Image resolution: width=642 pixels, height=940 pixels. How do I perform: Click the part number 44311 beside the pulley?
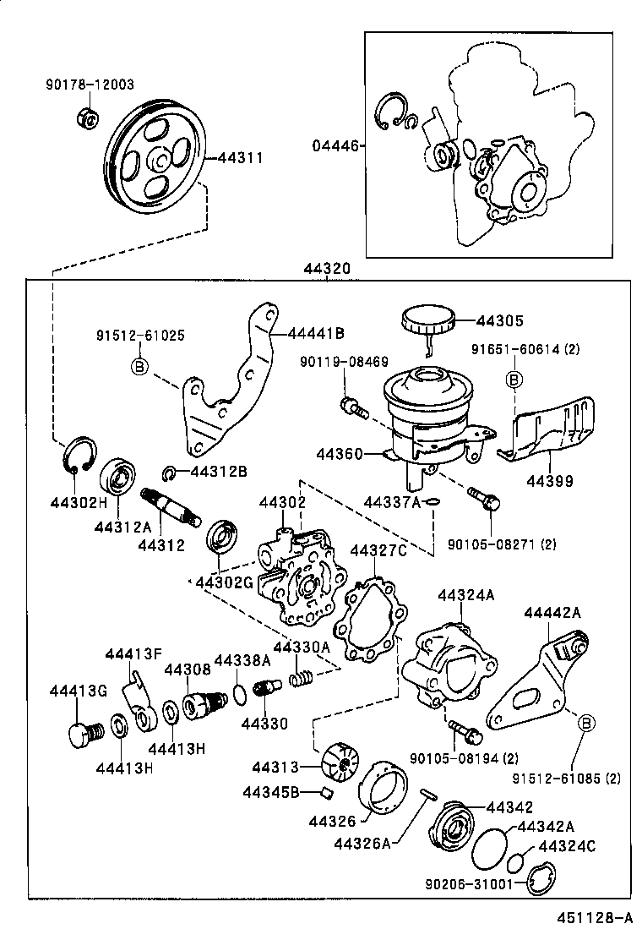[241, 157]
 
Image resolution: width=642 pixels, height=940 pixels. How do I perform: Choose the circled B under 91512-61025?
[139, 366]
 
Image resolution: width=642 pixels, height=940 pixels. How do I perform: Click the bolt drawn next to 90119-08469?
[352, 408]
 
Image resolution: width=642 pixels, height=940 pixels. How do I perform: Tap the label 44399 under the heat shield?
[549, 481]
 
